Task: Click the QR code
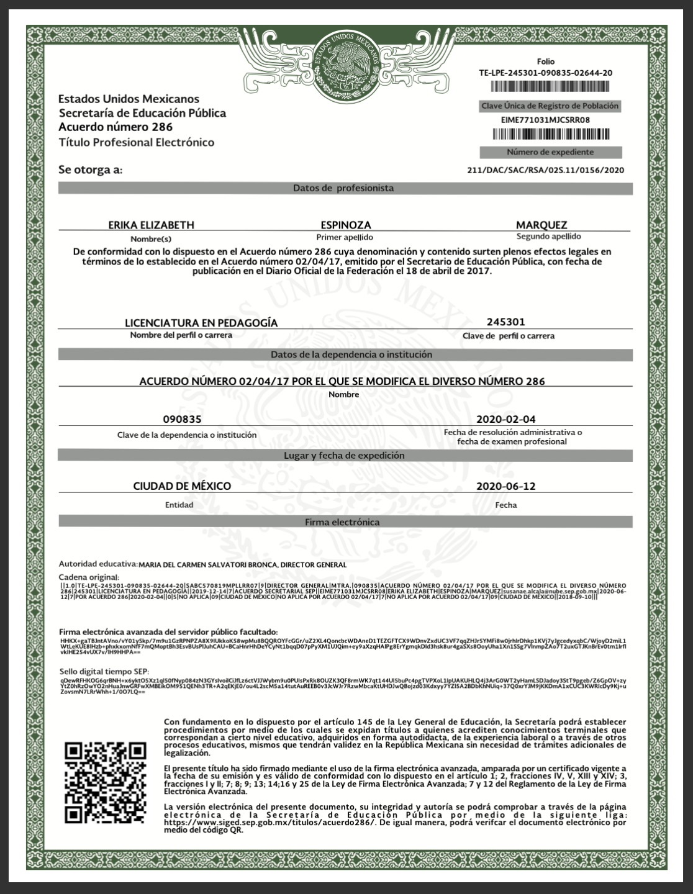(105, 783)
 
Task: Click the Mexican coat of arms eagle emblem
(347, 63)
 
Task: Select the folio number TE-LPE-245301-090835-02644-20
(545, 73)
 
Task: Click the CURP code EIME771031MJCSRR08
(545, 120)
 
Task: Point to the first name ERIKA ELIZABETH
(151, 225)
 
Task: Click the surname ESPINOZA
(345, 225)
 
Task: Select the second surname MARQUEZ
(541, 225)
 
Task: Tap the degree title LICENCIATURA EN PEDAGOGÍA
(201, 323)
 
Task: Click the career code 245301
(506, 322)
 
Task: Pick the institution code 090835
(182, 419)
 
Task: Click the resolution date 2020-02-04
(505, 419)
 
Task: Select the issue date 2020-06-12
(505, 486)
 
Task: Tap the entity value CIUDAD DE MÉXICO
(182, 486)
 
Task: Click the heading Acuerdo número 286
(112, 127)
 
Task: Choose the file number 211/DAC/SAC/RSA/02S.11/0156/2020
(545, 169)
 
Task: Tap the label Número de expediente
(550, 152)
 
